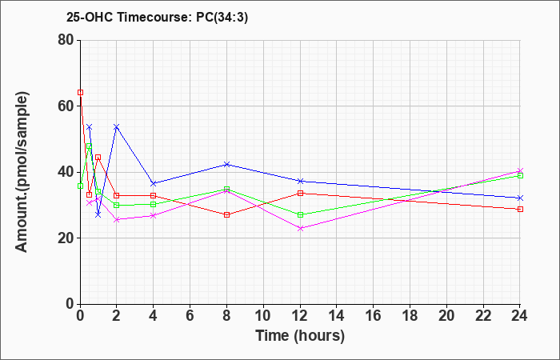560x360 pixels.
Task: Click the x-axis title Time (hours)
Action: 300,335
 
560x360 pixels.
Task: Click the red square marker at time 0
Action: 80,92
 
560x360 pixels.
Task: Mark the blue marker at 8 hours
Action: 227,164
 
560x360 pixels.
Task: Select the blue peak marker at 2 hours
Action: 117,126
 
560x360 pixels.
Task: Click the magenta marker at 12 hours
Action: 300,228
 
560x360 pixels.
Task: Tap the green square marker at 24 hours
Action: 520,175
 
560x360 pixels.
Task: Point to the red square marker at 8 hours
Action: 227,214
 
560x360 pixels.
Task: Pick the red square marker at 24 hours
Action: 520,209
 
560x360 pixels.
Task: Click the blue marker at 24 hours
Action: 520,198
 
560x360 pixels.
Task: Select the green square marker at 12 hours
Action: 300,214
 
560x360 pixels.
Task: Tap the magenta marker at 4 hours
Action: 154,215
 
